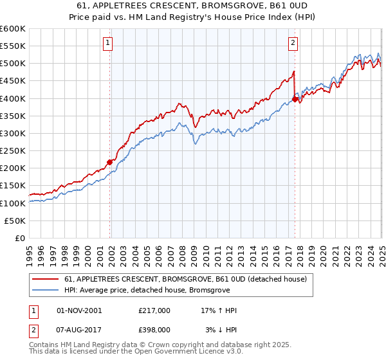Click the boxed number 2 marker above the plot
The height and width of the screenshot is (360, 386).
pyautogui.click(x=293, y=44)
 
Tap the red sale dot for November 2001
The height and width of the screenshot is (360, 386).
pyautogui.click(x=110, y=162)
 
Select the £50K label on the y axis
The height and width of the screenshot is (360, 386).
pyautogui.click(x=16, y=221)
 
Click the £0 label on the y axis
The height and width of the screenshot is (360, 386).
pyautogui.click(x=21, y=238)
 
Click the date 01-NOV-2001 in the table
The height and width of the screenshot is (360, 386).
pyautogui.click(x=80, y=310)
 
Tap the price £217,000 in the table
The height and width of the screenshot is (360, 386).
pyautogui.click(x=154, y=310)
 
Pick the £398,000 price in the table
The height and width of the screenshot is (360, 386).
pyautogui.click(x=154, y=330)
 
